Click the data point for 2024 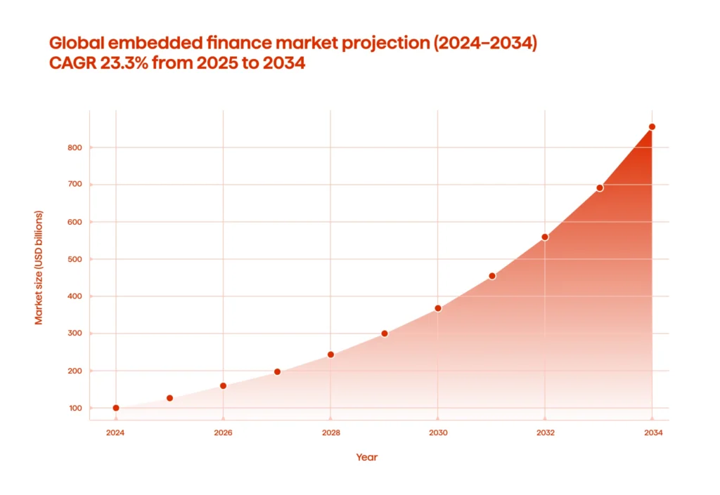pyautogui.click(x=116, y=408)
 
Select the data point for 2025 pyautogui.click(x=169, y=398)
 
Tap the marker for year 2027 pyautogui.click(x=277, y=371)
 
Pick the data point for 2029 pyautogui.click(x=385, y=334)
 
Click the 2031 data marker pyautogui.click(x=492, y=276)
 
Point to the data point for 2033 pyautogui.click(x=600, y=187)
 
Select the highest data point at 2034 pyautogui.click(x=652, y=127)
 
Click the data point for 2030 pyautogui.click(x=438, y=308)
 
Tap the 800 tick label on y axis pyautogui.click(x=75, y=147)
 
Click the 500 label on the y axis pyautogui.click(x=75, y=259)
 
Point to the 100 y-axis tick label pyautogui.click(x=75, y=408)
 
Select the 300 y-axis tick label pyautogui.click(x=75, y=334)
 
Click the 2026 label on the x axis pyautogui.click(x=223, y=433)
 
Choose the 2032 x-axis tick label pyautogui.click(x=546, y=433)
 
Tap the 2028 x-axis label pyautogui.click(x=330, y=433)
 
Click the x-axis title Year pyautogui.click(x=366, y=457)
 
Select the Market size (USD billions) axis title pyautogui.click(x=39, y=268)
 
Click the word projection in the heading pyautogui.click(x=383, y=42)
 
